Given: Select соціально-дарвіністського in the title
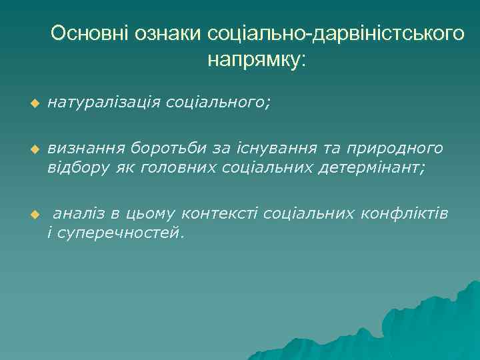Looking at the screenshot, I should (337, 34).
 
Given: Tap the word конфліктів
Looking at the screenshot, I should (404, 213).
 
